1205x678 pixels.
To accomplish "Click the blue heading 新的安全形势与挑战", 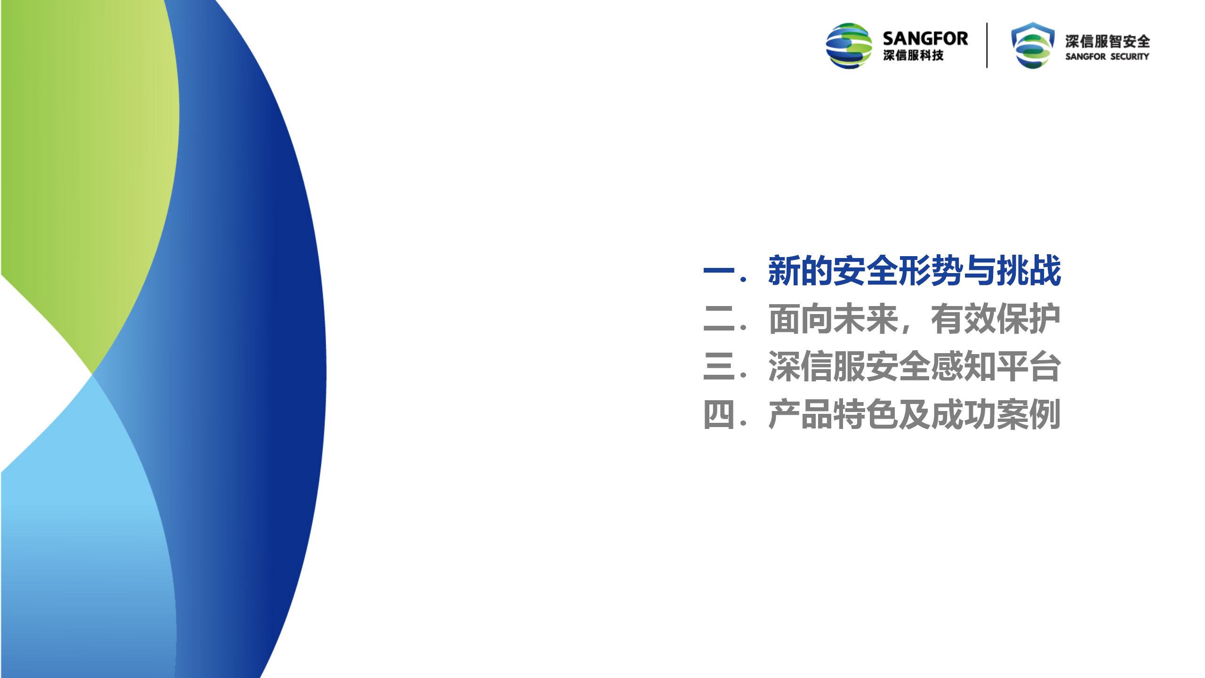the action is pos(914,271).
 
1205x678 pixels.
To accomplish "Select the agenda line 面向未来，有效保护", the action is pos(914,319).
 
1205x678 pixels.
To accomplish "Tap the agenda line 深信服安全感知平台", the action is pos(914,367).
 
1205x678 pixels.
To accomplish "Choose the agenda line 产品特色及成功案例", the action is pos(914,415).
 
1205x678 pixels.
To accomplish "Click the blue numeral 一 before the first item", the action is pos(719,271).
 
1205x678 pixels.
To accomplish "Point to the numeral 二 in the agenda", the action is pos(719,319).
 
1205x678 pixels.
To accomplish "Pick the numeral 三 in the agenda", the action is pos(719,367).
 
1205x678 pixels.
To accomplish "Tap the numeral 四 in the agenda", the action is pos(719,415).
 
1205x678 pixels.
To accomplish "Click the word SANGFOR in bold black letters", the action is pos(925,39).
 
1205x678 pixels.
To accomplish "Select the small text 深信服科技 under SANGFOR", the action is pos(913,56).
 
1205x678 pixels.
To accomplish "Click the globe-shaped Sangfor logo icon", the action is pos(849,46).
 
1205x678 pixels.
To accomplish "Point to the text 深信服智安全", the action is pos(1108,41).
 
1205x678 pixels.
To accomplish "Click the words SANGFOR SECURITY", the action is pos(1107,56).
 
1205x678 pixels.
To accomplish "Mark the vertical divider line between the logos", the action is pos(987,45).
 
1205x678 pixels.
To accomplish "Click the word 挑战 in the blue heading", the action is pos(1029,271).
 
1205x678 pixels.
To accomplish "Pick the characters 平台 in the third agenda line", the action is pos(1029,367).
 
